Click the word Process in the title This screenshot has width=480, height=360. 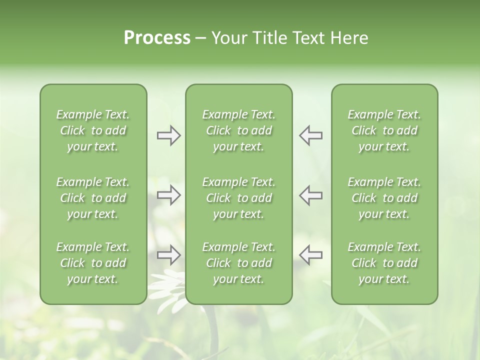(157, 38)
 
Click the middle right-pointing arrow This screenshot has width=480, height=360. (168, 195)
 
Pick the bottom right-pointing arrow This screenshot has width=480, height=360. (168, 255)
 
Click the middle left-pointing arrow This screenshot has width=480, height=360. (311, 195)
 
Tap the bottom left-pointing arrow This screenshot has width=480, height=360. (311, 255)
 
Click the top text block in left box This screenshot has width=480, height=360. (93, 130)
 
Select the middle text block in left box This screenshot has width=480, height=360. (93, 198)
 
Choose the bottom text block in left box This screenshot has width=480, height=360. (93, 263)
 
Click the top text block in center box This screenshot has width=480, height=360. (238, 130)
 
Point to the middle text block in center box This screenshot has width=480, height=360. (238, 198)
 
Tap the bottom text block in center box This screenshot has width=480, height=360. (238, 263)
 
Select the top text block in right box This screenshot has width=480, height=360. (384, 130)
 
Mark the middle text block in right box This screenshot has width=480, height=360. (384, 198)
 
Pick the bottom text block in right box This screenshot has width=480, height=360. (384, 263)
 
